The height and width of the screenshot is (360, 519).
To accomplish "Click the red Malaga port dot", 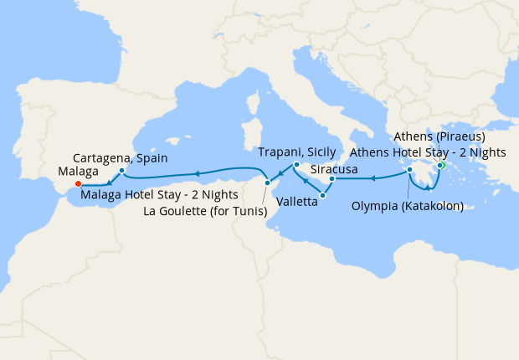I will pyautogui.click(x=78, y=184).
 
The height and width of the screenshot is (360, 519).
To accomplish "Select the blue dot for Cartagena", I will pyautogui.click(x=122, y=171).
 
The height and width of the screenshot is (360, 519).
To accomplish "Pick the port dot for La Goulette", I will pyautogui.click(x=266, y=183).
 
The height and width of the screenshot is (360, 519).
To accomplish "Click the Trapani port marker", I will pyautogui.click(x=295, y=165).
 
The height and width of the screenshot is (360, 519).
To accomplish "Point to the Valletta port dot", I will pyautogui.click(x=322, y=195).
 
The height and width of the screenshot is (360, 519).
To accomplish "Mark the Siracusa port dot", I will pyautogui.click(x=332, y=179).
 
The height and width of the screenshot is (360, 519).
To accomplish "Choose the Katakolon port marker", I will pyautogui.click(x=410, y=170).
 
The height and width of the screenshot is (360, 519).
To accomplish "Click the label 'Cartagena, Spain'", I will pyautogui.click(x=121, y=157).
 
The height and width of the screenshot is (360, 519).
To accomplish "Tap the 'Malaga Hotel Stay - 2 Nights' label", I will pyautogui.click(x=160, y=195).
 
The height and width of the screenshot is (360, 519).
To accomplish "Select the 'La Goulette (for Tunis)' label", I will pyautogui.click(x=206, y=211).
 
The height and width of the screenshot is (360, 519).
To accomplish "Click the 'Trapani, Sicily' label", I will pyautogui.click(x=297, y=152).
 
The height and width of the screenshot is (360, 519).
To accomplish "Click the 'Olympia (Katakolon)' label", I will pyautogui.click(x=408, y=204).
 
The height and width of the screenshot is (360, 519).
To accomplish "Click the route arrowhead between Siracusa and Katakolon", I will pyautogui.click(x=373, y=177).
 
